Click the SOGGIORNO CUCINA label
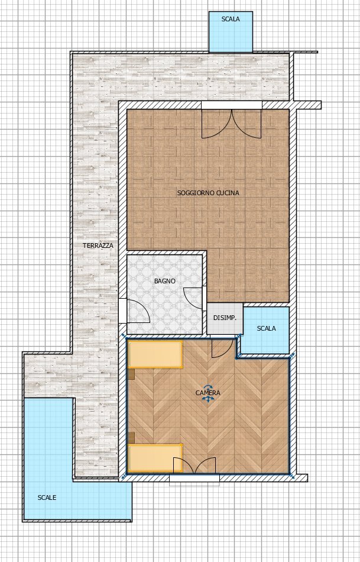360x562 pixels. [208, 193]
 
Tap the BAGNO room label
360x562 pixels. [165, 281]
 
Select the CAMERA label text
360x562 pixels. [207, 393]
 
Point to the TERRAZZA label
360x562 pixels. [98, 246]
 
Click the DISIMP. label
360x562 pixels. [225, 318]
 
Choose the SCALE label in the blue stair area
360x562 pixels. [47, 498]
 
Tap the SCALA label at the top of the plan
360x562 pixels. [231, 19]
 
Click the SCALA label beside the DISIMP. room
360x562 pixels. [266, 328]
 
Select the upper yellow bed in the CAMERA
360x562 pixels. [155, 354]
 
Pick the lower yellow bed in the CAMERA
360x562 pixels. [155, 458]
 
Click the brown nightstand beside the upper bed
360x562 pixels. [131, 374]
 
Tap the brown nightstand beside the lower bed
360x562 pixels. [131, 437]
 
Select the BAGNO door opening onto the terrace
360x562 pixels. [134, 311]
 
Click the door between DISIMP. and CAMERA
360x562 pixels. [222, 346]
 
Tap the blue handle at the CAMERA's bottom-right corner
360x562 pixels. [291, 476]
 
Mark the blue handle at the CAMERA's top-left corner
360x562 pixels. [124, 336]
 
